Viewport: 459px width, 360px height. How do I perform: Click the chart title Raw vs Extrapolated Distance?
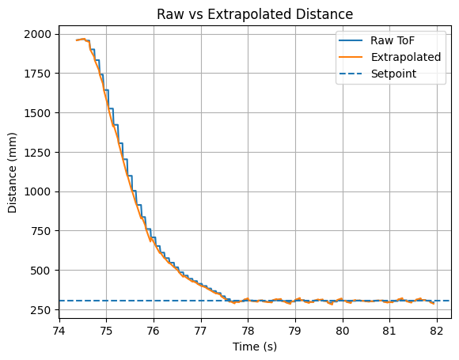[x=255, y=14]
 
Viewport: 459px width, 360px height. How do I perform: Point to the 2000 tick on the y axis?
[x=37, y=34]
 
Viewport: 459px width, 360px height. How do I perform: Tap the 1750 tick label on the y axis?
[x=37, y=74]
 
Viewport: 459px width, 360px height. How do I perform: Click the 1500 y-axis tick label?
[x=37, y=113]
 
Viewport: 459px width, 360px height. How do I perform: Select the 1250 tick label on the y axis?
[x=37, y=152]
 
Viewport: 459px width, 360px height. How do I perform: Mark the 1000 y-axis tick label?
[x=37, y=191]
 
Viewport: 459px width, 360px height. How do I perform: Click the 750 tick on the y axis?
[x=40, y=231]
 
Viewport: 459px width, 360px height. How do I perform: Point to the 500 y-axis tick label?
[x=40, y=271]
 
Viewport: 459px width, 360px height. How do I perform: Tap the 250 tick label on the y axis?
[x=40, y=309]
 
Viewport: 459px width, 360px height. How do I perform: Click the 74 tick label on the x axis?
[x=59, y=331]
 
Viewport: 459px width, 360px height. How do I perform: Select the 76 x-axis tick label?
[x=154, y=331]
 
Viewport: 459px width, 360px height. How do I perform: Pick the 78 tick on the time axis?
[x=248, y=331]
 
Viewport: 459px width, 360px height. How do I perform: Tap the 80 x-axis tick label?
[x=343, y=331]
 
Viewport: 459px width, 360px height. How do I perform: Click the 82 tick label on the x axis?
[x=437, y=331]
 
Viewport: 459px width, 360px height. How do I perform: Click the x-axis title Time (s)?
[x=255, y=347]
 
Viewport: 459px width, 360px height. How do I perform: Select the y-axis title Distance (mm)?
[x=12, y=172]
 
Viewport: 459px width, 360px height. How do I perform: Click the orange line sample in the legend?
[x=351, y=57]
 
